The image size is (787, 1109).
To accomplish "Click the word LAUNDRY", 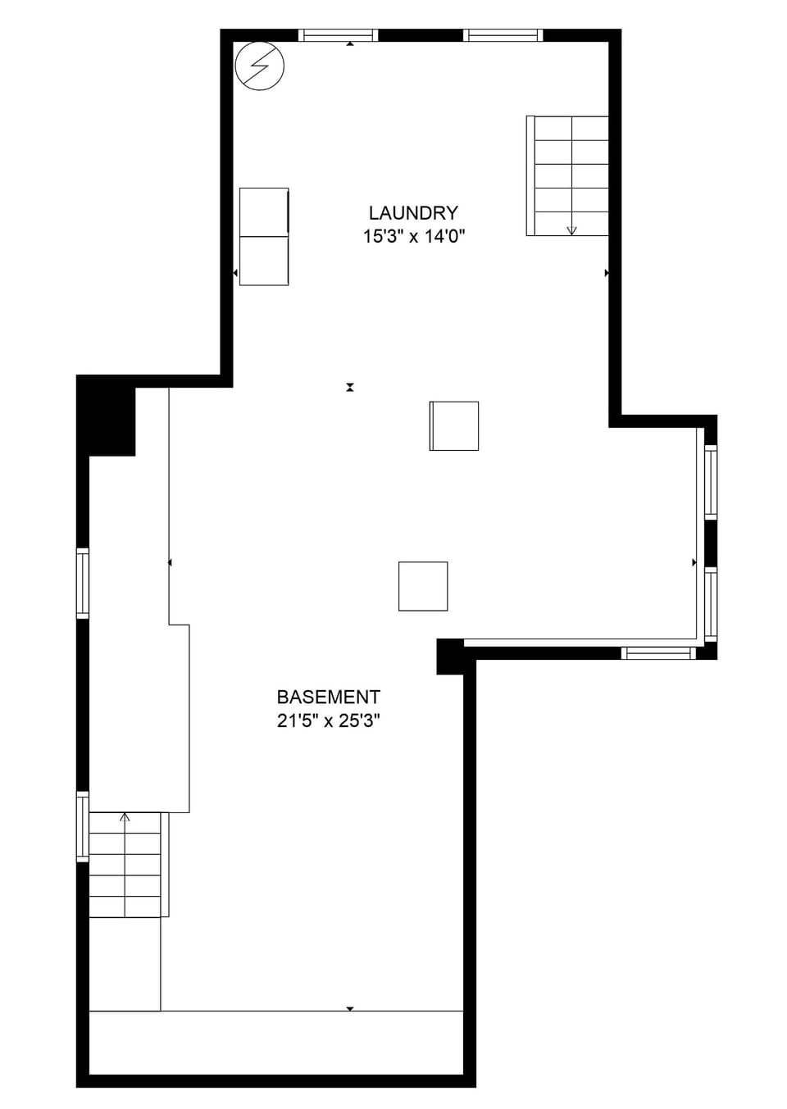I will (x=413, y=213).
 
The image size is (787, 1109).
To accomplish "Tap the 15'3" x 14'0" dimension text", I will (x=414, y=237).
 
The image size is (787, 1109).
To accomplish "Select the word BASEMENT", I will (x=328, y=698).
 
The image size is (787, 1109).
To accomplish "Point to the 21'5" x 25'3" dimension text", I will (x=328, y=721).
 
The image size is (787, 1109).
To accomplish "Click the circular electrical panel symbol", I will (x=259, y=66).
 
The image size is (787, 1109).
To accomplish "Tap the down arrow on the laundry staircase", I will (x=571, y=230).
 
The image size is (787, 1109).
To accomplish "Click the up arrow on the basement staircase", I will (x=125, y=817).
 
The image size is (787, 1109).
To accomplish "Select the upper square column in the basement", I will (x=454, y=426).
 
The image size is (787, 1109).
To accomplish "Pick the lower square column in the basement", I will (x=423, y=586).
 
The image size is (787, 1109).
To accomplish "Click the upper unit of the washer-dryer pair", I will (x=264, y=212).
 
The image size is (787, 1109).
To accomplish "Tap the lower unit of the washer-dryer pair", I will (x=264, y=261).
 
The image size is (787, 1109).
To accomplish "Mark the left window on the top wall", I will (x=338, y=35).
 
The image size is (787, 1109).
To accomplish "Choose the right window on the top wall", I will (x=503, y=35).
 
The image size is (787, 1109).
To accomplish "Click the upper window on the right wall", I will (x=711, y=482).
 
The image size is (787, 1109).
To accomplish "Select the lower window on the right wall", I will (x=711, y=604).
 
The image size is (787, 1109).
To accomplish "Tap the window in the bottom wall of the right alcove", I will (x=658, y=653).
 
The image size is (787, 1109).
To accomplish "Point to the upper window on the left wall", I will (x=83, y=583).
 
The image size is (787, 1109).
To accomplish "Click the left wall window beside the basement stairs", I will (x=83, y=826).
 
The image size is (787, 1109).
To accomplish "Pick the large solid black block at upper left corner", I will (x=107, y=416).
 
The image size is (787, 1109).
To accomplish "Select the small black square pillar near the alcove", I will (x=449, y=656).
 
